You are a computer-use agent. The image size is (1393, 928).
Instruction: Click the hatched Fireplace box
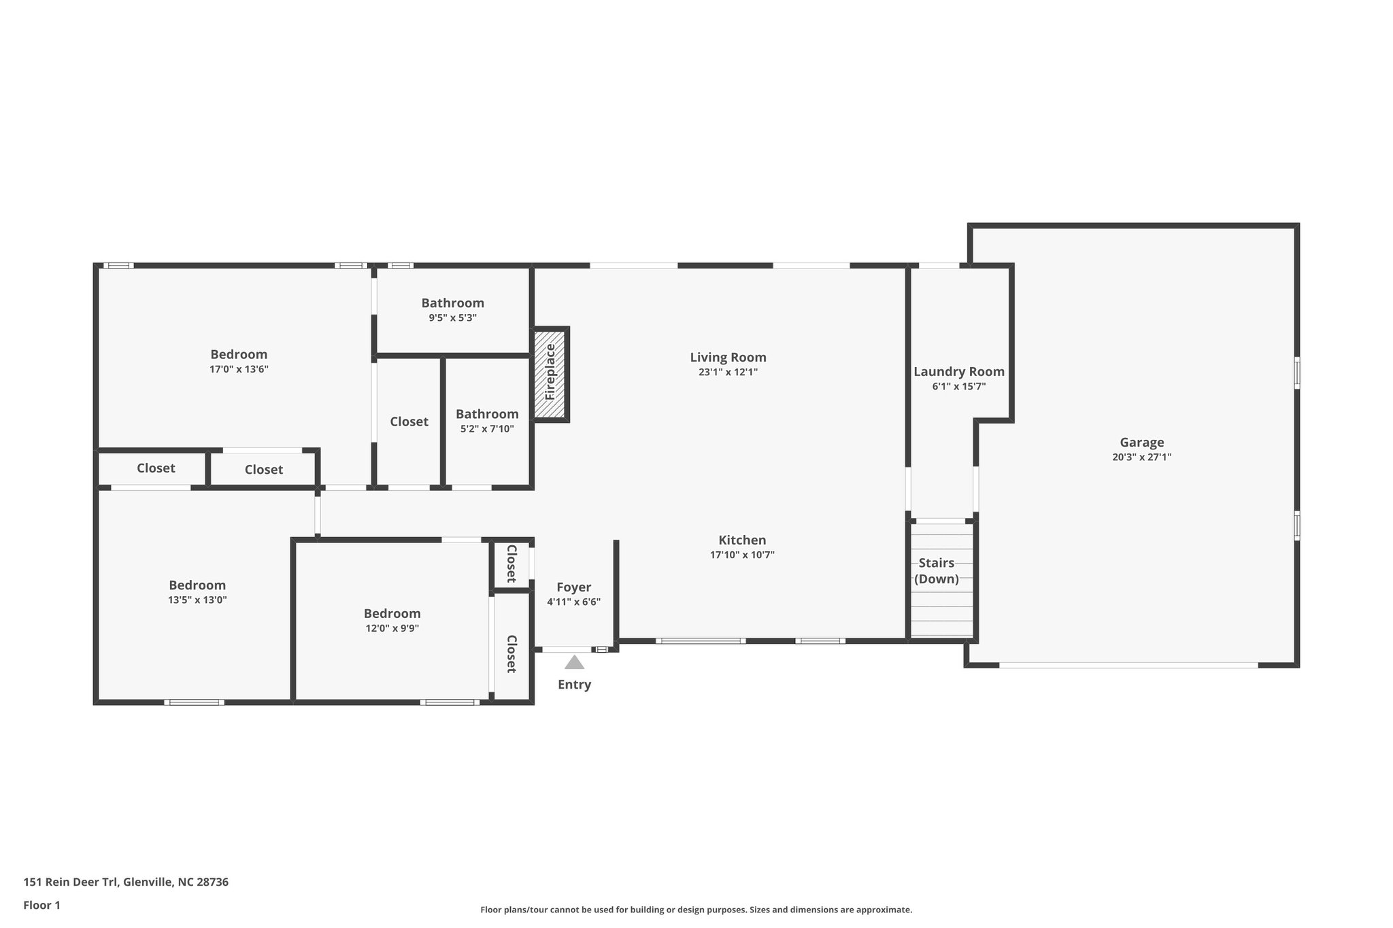click(x=550, y=374)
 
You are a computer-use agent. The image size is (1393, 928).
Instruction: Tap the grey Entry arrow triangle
click(x=574, y=662)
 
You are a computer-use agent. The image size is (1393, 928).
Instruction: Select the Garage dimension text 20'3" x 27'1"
click(x=1141, y=458)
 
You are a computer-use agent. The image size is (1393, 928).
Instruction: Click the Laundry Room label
click(x=958, y=372)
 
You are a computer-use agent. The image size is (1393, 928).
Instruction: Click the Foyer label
click(x=573, y=587)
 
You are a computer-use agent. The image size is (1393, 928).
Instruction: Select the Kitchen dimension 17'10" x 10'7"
click(x=742, y=555)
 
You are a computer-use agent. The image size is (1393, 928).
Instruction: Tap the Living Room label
click(x=728, y=358)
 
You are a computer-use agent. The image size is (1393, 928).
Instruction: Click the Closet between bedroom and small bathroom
click(x=409, y=422)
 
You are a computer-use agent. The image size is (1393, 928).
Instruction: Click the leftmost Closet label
click(x=156, y=468)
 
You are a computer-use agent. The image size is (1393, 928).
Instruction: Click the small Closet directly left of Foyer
click(x=511, y=564)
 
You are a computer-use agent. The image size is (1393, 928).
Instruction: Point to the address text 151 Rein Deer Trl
click(x=126, y=882)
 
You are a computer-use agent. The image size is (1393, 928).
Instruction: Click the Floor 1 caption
click(x=41, y=905)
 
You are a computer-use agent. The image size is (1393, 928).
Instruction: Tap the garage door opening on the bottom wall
click(x=1128, y=665)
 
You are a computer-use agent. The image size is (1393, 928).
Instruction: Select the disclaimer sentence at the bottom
click(x=696, y=910)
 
